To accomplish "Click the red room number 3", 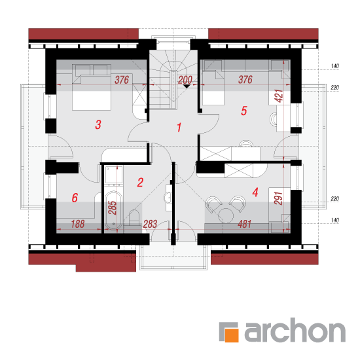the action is (98, 124).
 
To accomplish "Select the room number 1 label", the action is (179, 128).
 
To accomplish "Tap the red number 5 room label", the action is (244, 111).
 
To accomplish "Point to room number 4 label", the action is (255, 192).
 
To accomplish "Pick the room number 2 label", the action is (140, 183).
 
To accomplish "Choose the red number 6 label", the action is (75, 198).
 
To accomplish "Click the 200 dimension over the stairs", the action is (185, 80).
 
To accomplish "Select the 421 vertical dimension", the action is (279, 96).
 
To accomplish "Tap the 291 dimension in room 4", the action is (278, 198).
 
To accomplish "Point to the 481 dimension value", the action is (245, 224).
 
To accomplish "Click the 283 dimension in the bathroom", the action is (150, 224).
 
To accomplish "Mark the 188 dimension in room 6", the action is (78, 224).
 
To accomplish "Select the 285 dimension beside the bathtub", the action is (113, 207).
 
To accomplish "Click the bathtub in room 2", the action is (113, 210).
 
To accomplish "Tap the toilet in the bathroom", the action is (134, 217).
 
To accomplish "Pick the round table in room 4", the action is (226, 215).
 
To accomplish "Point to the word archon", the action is (295, 330).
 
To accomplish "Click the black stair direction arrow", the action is (187, 86).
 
